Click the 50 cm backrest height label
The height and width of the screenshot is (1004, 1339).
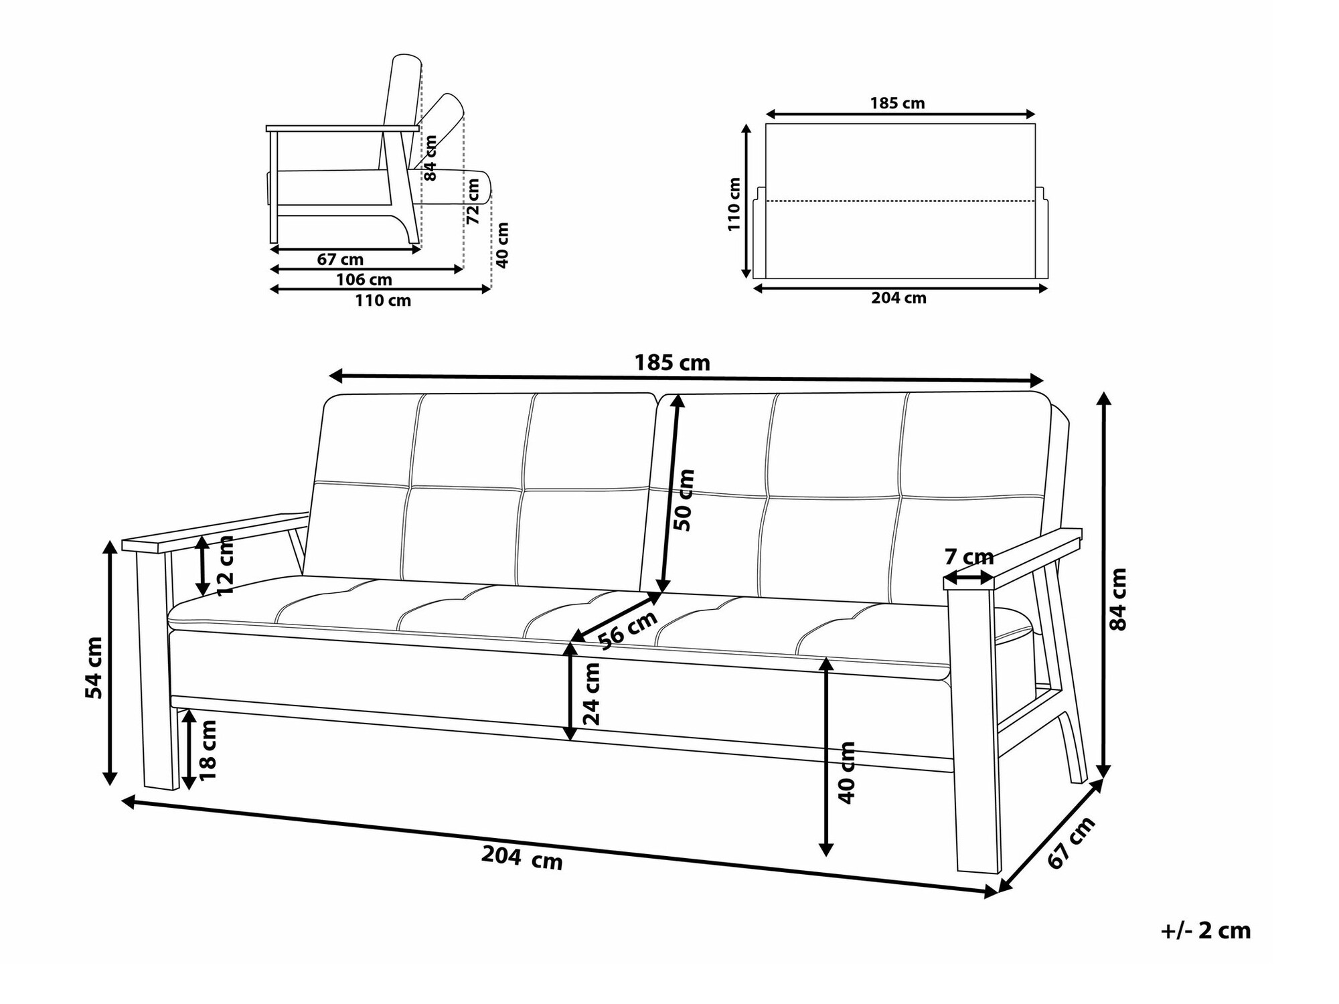pyautogui.click(x=685, y=500)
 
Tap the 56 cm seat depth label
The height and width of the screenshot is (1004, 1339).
pyautogui.click(x=627, y=630)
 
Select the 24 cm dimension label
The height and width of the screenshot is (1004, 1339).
pyautogui.click(x=591, y=693)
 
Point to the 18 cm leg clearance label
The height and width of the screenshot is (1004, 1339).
pyautogui.click(x=209, y=750)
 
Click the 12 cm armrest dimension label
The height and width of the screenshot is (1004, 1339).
pyautogui.click(x=225, y=566)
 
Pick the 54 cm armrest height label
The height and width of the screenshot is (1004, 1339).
pyautogui.click(x=94, y=667)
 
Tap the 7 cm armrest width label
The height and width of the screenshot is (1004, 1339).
pyautogui.click(x=969, y=556)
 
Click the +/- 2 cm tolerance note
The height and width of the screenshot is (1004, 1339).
pyautogui.click(x=1206, y=931)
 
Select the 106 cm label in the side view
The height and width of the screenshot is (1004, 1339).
pyautogui.click(x=364, y=280)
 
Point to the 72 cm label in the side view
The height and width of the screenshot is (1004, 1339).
pyautogui.click(x=473, y=201)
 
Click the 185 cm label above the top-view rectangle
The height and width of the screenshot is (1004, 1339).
pyautogui.click(x=897, y=103)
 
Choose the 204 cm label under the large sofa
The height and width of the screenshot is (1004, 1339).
pyautogui.click(x=522, y=858)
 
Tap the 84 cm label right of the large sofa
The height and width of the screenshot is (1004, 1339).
pyautogui.click(x=1118, y=599)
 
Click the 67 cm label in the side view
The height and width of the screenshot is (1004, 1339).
pyautogui.click(x=341, y=260)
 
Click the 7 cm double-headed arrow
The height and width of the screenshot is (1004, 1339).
pyautogui.click(x=969, y=578)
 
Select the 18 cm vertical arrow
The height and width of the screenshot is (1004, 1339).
pyautogui.click(x=189, y=750)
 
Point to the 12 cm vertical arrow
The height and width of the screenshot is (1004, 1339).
pyautogui.click(x=203, y=566)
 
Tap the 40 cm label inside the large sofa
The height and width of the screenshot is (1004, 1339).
pyautogui.click(x=847, y=772)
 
